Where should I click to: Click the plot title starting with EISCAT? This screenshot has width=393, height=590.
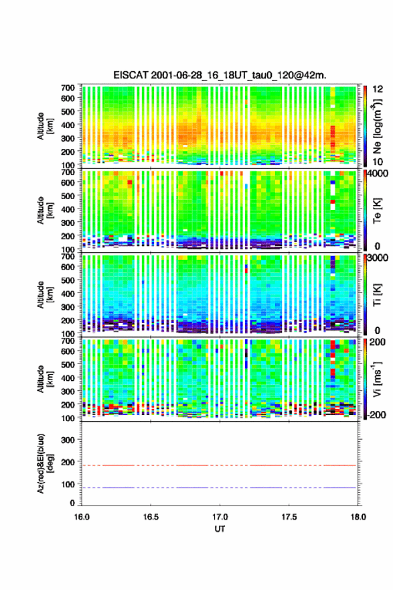point(220,75)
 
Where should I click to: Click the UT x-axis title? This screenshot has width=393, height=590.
point(220,529)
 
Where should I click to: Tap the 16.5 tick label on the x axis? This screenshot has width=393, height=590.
point(151,517)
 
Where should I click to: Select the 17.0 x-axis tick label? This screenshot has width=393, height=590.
point(220,517)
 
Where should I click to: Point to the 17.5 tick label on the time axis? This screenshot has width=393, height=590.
point(289,517)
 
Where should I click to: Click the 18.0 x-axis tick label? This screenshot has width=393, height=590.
point(358,517)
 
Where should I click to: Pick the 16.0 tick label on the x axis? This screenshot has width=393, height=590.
point(82,517)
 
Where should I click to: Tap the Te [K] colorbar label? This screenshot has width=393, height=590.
point(377,211)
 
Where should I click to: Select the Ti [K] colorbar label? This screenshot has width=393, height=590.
point(377,295)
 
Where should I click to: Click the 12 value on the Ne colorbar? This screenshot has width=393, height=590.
point(378,89)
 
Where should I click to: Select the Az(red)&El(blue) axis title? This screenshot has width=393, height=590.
point(45,463)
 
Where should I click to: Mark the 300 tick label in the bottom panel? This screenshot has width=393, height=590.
point(68,440)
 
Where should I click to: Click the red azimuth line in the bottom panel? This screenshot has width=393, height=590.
point(219,465)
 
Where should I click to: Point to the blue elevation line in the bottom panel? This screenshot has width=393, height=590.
point(219,487)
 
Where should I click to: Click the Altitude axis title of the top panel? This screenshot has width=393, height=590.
point(45,126)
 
